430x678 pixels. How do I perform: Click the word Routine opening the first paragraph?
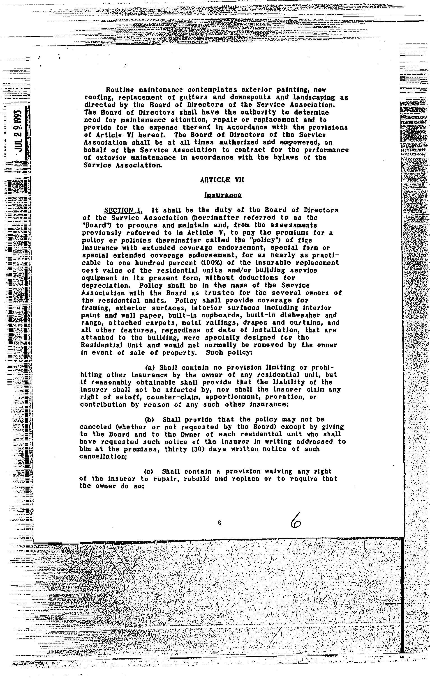pos(120,90)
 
